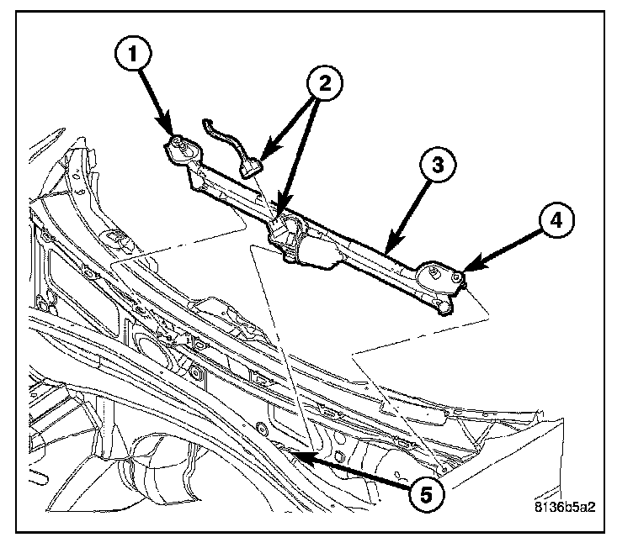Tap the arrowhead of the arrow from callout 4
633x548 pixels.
click(465, 269)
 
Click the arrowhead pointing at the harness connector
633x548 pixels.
click(260, 160)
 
